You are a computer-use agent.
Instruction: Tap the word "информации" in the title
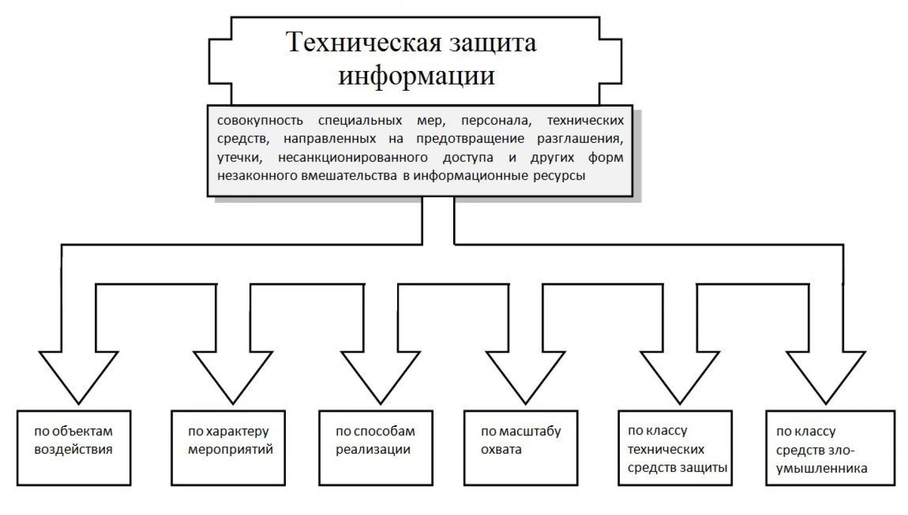pos(416,76)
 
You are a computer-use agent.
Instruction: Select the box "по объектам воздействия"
pos(74,448)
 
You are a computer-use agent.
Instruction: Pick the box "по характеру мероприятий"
pos(228,448)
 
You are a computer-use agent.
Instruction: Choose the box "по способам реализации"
pos(376,448)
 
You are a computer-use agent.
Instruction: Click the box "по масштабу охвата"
pos(521,448)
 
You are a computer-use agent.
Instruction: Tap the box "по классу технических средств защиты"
pos(675,448)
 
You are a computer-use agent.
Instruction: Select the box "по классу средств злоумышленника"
pos(830,448)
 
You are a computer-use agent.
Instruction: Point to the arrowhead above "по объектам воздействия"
pos(79,377)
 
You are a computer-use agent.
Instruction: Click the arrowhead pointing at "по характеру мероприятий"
pos(233,377)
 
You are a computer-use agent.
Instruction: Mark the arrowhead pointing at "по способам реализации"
pos(381,377)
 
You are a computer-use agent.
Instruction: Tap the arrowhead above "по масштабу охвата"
pos(526,377)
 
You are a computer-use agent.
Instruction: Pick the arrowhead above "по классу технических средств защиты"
pos(680,377)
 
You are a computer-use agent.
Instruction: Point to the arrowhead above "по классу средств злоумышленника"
pos(826,377)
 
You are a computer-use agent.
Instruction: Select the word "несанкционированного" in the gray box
pos(353,157)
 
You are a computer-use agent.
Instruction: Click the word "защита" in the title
pos(493,43)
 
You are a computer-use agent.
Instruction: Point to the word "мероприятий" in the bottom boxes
pos(230,450)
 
